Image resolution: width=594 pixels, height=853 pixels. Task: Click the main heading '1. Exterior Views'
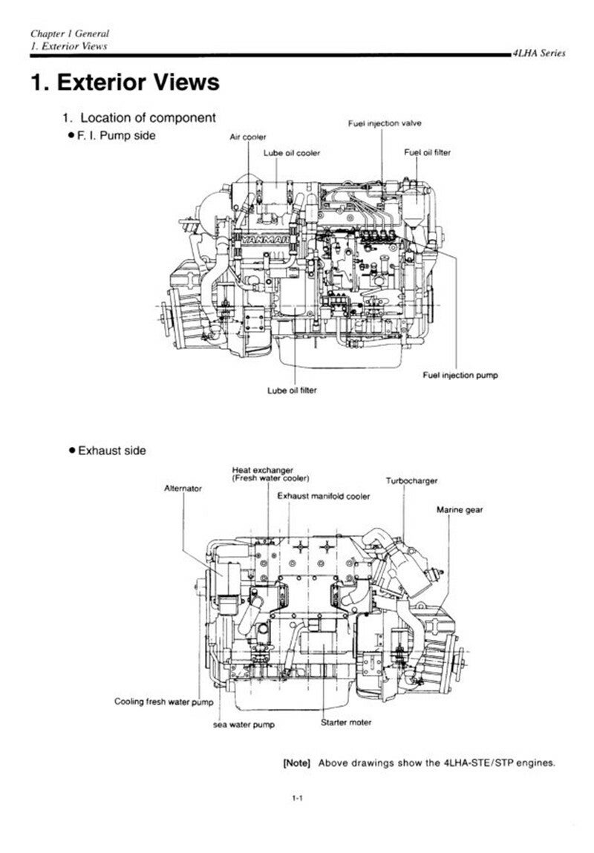point(125,82)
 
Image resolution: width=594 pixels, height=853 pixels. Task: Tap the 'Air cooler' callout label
point(247,137)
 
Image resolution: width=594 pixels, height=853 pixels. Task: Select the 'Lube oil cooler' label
point(292,154)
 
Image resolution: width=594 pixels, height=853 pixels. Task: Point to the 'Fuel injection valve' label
point(385,123)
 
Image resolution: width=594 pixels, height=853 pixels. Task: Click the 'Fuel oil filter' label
point(427,152)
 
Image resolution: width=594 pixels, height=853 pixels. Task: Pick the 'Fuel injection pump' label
point(460,375)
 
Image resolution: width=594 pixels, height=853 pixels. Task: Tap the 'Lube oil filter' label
point(292,390)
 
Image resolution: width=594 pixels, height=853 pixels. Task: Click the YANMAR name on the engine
point(266,239)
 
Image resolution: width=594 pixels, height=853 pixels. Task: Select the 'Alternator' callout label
point(183,488)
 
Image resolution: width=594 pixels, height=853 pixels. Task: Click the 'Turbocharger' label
point(411,481)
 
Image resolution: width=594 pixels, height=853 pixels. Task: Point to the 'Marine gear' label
point(460,510)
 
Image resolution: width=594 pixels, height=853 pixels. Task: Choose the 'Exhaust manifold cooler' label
point(324,496)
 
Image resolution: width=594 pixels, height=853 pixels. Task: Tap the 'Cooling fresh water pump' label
point(164,702)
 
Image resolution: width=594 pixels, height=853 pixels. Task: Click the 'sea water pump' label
point(244,725)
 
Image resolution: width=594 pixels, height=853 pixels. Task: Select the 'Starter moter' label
point(346,722)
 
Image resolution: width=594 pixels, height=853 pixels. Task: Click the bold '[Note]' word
point(296,762)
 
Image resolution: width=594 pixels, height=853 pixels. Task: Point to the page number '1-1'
point(297,799)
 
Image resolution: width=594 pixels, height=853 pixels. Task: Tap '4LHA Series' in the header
point(538,53)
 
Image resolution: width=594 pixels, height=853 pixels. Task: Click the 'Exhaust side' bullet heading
point(108,451)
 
